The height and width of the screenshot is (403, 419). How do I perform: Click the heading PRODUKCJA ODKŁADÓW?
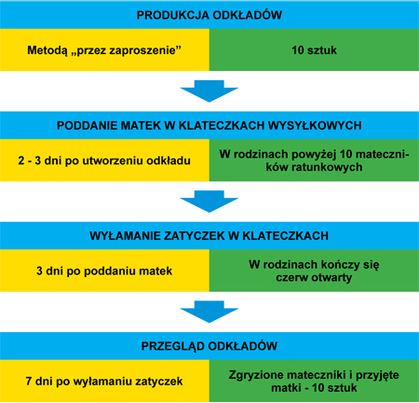click(x=209, y=15)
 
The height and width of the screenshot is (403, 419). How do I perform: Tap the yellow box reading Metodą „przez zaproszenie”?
click(x=104, y=49)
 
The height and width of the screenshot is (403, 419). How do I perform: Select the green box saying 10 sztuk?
click(x=314, y=49)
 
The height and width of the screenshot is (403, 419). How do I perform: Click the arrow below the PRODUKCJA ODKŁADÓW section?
click(x=209, y=90)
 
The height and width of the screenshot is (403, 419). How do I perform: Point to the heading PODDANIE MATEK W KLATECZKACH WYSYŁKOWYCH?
click(x=209, y=125)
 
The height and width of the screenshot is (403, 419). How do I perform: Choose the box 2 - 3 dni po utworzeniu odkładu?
click(x=104, y=160)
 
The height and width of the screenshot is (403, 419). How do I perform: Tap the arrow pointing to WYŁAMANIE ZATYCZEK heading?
click(x=209, y=201)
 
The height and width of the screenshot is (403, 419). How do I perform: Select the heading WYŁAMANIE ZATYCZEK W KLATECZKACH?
click(x=209, y=236)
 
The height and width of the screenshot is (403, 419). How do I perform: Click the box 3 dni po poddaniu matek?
click(x=104, y=271)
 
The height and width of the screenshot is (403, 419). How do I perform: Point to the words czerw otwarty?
click(x=314, y=277)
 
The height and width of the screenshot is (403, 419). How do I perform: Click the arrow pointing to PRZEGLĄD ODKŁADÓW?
click(x=209, y=312)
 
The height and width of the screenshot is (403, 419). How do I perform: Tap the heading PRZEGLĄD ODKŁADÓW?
click(x=209, y=346)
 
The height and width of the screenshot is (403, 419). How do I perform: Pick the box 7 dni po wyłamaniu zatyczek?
click(x=104, y=381)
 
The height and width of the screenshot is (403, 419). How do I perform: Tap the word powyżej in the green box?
click(x=314, y=155)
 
